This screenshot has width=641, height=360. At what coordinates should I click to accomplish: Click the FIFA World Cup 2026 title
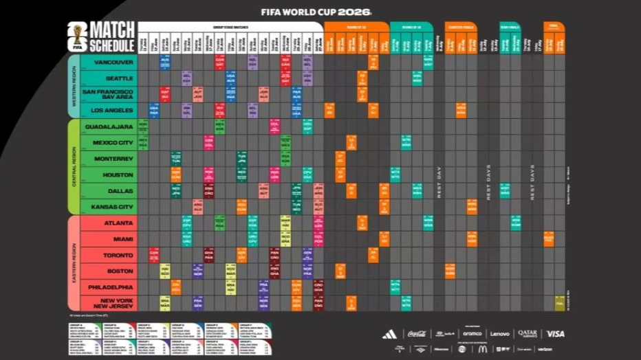tap(316, 12)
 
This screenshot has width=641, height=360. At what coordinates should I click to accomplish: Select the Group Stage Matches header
tap(230, 26)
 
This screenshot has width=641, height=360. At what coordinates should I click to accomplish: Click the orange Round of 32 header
tap(356, 26)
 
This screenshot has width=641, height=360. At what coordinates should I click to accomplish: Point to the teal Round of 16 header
tap(411, 26)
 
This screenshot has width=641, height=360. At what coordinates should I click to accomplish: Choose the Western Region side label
tap(73, 86)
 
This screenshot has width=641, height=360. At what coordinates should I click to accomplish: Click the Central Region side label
tap(73, 167)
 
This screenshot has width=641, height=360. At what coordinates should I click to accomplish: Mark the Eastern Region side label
tap(73, 263)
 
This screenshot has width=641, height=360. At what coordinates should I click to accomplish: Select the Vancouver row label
tap(109, 62)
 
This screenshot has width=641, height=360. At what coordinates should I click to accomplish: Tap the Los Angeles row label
tap(109, 110)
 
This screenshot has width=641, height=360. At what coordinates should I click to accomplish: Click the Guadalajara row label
tap(109, 126)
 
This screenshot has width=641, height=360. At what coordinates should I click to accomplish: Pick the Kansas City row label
tap(109, 206)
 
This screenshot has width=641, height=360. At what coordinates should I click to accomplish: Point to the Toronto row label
tap(109, 255)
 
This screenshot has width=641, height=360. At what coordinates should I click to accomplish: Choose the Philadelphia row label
tap(109, 286)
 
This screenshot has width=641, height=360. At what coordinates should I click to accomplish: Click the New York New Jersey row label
tap(109, 302)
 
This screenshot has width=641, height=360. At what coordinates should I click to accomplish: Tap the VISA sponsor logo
tap(555, 334)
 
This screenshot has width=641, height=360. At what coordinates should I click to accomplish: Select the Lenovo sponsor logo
tap(500, 334)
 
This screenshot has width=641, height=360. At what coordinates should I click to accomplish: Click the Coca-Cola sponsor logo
tap(417, 334)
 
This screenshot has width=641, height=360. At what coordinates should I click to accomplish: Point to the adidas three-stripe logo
tap(389, 334)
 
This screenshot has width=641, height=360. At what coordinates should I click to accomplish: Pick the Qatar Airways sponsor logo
tap(528, 334)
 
